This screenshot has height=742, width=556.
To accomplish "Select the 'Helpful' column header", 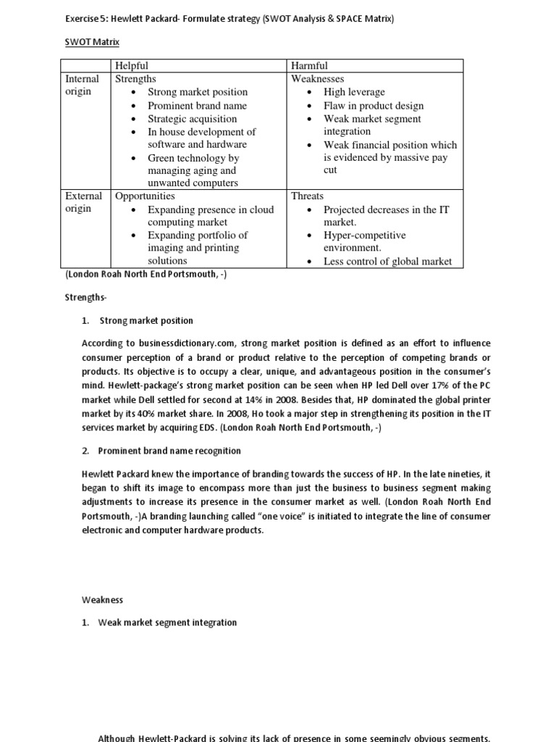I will coord(132,66).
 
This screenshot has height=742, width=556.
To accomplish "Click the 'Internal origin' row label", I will coord(83,85).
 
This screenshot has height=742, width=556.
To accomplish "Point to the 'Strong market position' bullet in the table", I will coord(197,92).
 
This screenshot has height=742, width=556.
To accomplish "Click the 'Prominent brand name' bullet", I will coord(197,105).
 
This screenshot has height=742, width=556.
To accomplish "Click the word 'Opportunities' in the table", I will coord(145,196).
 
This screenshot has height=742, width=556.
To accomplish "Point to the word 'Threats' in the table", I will coord(307,196).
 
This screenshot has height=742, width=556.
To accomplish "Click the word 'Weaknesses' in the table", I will coord(317,78).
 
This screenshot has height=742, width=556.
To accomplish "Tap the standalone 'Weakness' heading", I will coord(102,600).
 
